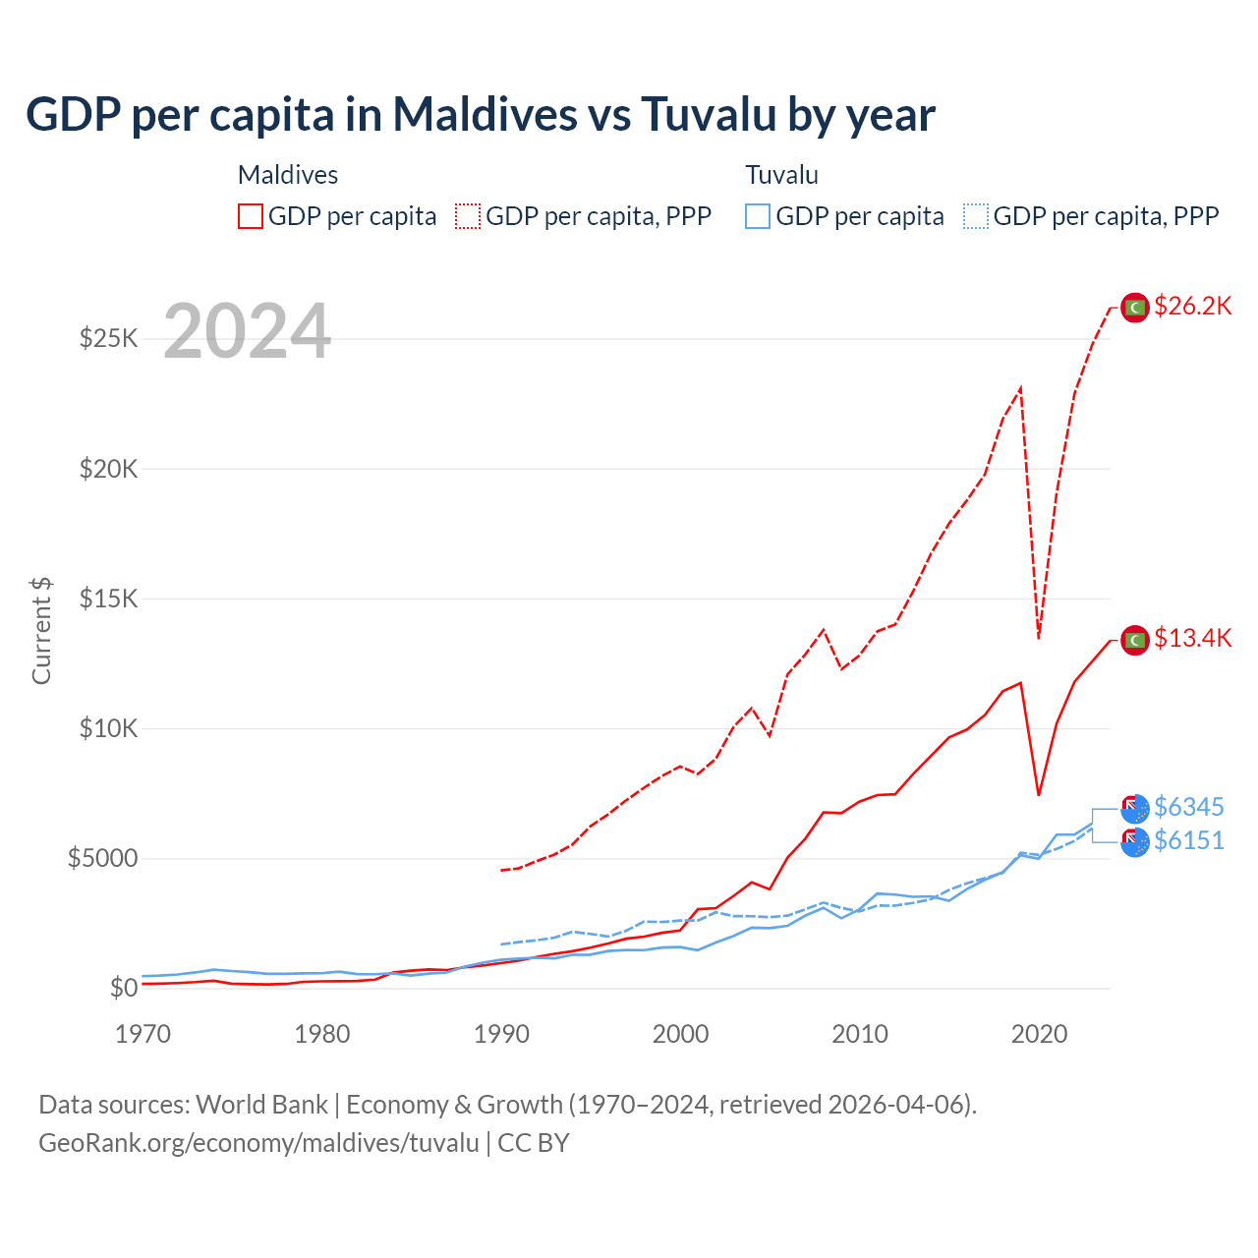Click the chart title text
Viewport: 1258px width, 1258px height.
pyautogui.click(x=481, y=114)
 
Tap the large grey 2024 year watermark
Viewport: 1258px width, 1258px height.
pyautogui.click(x=247, y=331)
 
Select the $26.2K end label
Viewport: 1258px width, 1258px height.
pyautogui.click(x=1192, y=306)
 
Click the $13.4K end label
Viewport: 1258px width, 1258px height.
pyautogui.click(x=1192, y=638)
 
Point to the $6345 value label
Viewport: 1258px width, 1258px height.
pyautogui.click(x=1188, y=807)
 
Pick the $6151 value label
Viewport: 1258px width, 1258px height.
pyautogui.click(x=1188, y=840)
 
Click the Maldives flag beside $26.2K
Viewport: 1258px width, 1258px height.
pyautogui.click(x=1135, y=308)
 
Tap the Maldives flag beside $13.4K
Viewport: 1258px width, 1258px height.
pyautogui.click(x=1135, y=640)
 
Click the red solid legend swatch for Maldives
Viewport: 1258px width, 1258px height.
pyautogui.click(x=251, y=216)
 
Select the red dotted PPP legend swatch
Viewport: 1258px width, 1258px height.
pyautogui.click(x=468, y=216)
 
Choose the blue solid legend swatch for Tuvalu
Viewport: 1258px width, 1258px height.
pyautogui.click(x=758, y=216)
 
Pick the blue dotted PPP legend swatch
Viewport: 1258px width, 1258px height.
pyautogui.click(x=976, y=216)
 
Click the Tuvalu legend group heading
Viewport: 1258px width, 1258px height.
pyautogui.click(x=781, y=175)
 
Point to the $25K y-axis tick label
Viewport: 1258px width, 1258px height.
pyautogui.click(x=108, y=339)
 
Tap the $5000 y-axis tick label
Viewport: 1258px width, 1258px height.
pyautogui.click(x=102, y=858)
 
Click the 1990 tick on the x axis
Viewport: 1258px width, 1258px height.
pyautogui.click(x=501, y=1034)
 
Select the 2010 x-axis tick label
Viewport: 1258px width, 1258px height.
pyautogui.click(x=860, y=1034)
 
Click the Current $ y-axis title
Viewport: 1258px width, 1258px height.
pyautogui.click(x=41, y=630)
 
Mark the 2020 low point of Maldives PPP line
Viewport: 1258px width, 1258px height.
pyautogui.click(x=1039, y=638)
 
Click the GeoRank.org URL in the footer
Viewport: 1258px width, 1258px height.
pyautogui.click(x=258, y=1143)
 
